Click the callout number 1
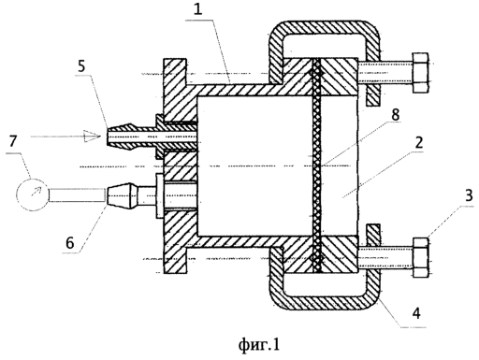[x=198, y=9]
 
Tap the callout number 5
[x=81, y=66]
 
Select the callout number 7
[x=13, y=142]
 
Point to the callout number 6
[x=70, y=242]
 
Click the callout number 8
[x=395, y=115]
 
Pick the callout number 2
[x=419, y=142]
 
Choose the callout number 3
[x=469, y=196]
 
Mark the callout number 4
[x=416, y=313]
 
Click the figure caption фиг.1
[x=259, y=345]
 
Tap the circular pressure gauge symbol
[x=33, y=194]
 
